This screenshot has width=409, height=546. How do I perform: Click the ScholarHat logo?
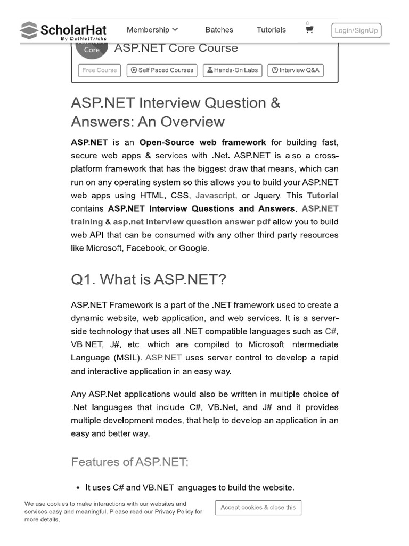tap(63, 31)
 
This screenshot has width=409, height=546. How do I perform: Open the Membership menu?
tap(152, 30)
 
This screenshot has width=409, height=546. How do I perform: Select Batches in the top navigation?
tap(219, 30)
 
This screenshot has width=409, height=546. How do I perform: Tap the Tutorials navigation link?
tap(271, 30)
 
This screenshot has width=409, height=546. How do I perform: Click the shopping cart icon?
tap(309, 30)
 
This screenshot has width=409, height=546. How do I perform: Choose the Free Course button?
tap(100, 70)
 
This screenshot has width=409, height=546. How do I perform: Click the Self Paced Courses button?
tap(162, 70)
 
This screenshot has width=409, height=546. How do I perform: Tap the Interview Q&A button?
tap(295, 70)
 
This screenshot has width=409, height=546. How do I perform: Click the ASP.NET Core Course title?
tap(176, 48)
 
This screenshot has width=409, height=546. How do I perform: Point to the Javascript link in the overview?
tap(215, 196)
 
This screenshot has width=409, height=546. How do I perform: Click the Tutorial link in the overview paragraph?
tap(322, 196)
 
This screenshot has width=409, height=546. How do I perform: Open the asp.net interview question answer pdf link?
tap(192, 222)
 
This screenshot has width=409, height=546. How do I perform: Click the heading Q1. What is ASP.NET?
tap(149, 279)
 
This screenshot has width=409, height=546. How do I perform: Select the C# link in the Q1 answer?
tap(331, 332)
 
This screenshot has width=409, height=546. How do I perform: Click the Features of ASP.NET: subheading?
tap(129, 462)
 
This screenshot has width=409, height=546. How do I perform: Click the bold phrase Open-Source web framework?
tap(202, 142)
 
